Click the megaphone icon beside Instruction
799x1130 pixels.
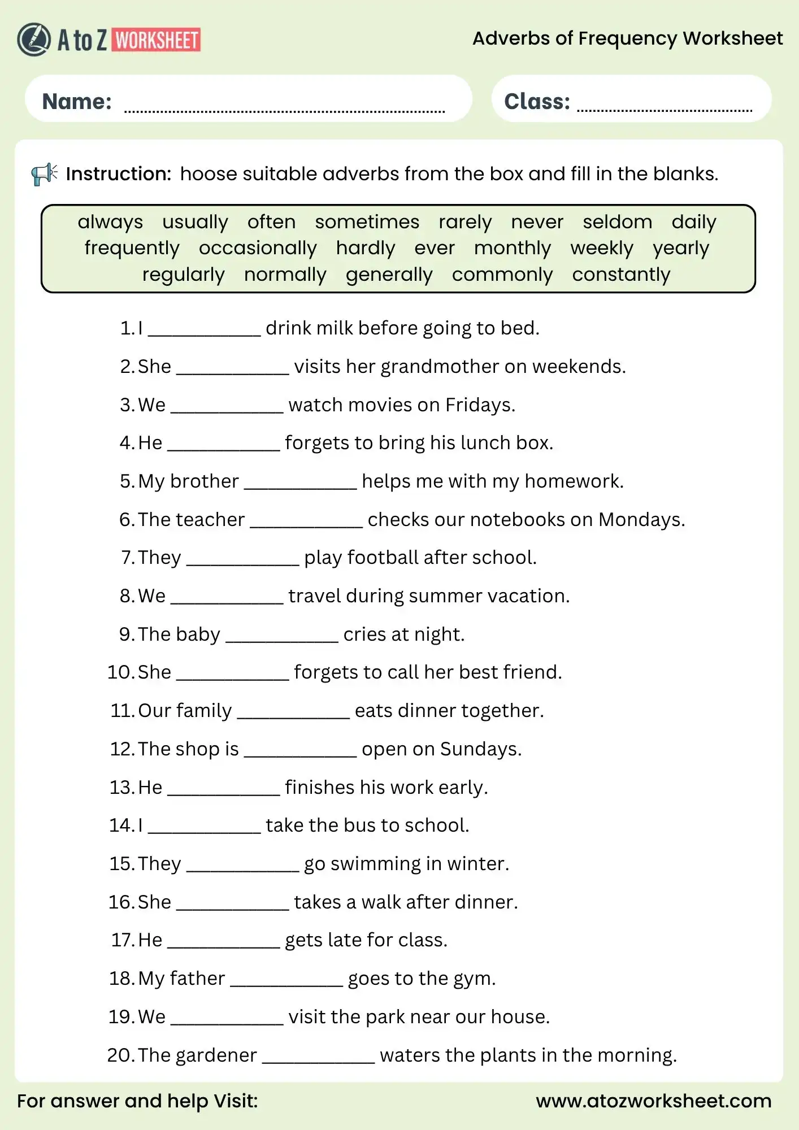44,174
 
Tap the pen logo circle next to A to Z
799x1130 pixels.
34,40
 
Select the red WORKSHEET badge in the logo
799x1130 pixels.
157,40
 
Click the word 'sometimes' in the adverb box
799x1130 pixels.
367,222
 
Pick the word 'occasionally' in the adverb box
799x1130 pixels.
258,248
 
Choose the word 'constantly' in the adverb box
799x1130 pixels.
621,275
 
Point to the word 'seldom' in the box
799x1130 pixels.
617,222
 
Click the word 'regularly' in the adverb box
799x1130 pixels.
183,275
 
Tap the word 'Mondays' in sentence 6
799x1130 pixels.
638,520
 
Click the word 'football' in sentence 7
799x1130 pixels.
383,558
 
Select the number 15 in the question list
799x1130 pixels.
121,864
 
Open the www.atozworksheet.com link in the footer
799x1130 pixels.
653,1101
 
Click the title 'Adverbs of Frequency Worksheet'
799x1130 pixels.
627,38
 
